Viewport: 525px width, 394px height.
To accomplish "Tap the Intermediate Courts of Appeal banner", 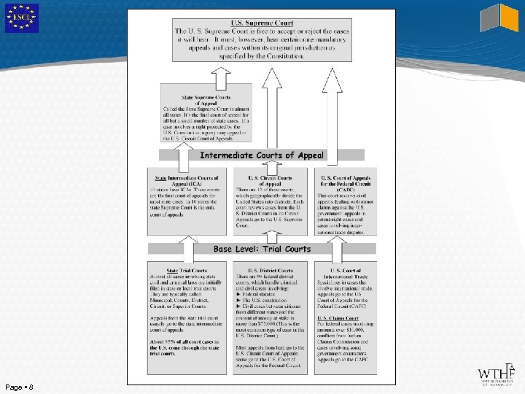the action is point(262,155).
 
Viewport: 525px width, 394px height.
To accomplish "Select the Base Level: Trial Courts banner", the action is point(262,249).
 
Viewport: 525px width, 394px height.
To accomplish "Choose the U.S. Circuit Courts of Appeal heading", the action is point(270,181).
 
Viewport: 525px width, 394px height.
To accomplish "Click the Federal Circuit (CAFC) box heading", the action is point(346,184).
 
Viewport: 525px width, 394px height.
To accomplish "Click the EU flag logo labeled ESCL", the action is point(21,18).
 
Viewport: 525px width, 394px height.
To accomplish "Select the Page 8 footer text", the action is point(18,386).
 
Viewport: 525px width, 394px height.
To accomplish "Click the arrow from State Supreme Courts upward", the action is point(221,74).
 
